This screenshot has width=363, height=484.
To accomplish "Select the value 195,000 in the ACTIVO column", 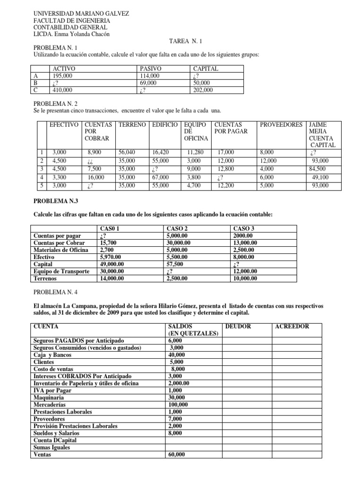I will [62, 76].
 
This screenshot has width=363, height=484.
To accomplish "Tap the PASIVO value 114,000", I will [150, 76].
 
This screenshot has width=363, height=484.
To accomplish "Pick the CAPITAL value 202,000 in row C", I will [203, 90].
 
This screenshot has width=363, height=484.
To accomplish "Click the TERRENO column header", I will [132, 124].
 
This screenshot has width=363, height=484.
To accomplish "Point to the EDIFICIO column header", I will [164, 124].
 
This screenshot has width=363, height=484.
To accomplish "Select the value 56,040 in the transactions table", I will [127, 152].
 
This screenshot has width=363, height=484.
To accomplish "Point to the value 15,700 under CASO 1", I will [108, 242].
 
